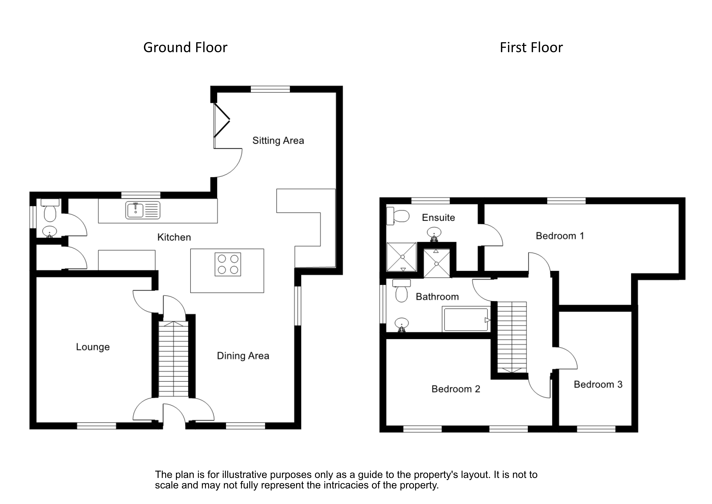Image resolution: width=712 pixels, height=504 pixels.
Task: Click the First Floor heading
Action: [531, 48]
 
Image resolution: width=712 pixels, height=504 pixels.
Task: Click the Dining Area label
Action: [243, 356]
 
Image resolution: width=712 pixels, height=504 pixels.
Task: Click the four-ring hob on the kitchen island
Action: [228, 264]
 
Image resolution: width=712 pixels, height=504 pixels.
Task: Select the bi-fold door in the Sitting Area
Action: [221, 120]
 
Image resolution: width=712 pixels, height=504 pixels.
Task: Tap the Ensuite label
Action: [438, 218]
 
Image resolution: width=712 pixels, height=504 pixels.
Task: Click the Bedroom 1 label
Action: [560, 236]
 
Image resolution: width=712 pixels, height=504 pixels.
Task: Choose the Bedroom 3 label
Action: [598, 385]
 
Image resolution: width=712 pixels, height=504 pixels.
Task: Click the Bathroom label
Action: [437, 297]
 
